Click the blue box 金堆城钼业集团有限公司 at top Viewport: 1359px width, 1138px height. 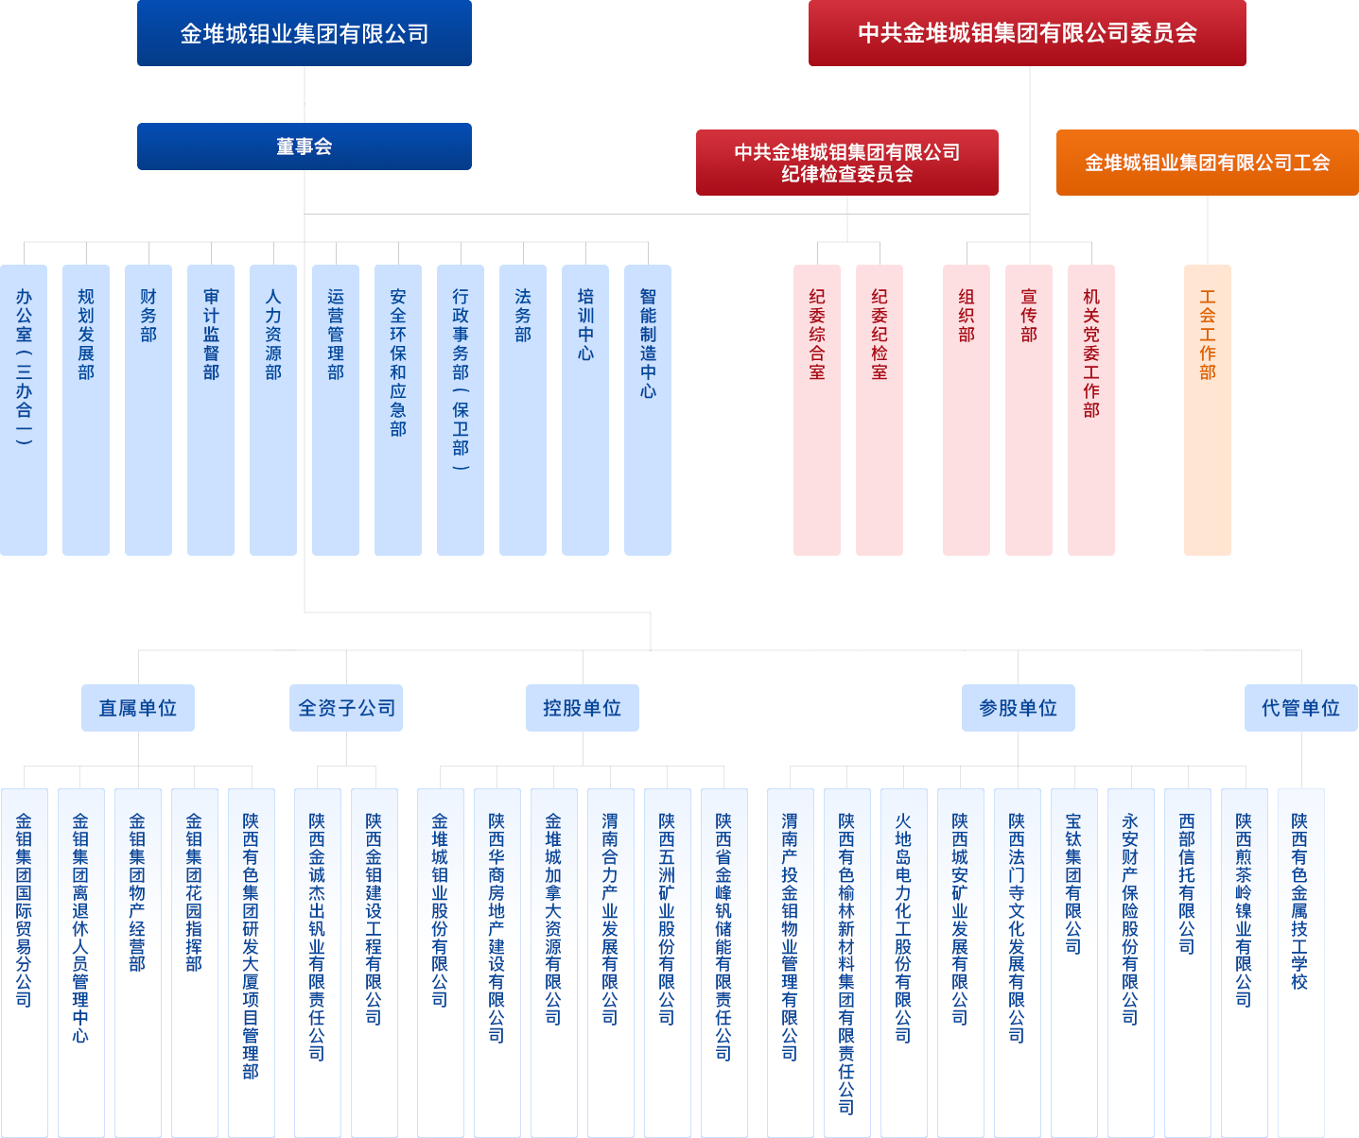coord(304,33)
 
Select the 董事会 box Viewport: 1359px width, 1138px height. coord(304,147)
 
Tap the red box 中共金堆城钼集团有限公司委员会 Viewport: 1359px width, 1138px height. coord(1027,33)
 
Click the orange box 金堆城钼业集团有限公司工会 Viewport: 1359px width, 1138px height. coord(1207,163)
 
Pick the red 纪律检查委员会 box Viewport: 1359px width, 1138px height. coord(846,163)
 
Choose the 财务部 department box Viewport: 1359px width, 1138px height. coord(148,409)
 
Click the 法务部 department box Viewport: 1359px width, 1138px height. coord(523,409)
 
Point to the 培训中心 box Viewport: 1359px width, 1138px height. coord(585,409)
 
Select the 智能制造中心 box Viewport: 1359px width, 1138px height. coord(648,409)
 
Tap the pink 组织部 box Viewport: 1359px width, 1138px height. coord(967,409)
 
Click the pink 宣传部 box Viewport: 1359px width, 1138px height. coord(1029,409)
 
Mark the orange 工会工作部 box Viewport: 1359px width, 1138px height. coord(1208,409)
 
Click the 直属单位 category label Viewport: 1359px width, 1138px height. coord(138,708)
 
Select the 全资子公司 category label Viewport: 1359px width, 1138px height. coord(346,708)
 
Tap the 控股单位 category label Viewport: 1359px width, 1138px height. coord(583,708)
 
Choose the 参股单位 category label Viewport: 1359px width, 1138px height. coord(1018,708)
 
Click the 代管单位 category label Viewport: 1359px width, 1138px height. coord(1300,708)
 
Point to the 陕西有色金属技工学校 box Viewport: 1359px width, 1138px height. coord(1300,962)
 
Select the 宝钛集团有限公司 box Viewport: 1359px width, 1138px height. coord(1073,962)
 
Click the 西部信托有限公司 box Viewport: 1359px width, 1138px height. coord(1187,962)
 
